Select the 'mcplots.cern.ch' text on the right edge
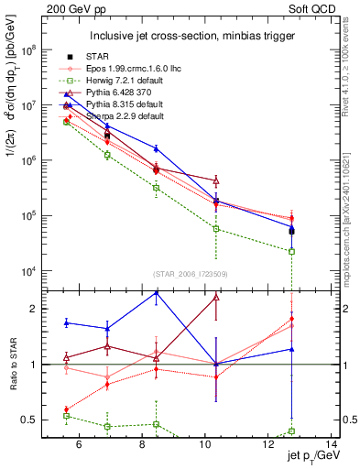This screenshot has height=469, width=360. click(x=349, y=211)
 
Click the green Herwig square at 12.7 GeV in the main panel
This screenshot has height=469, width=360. click(x=291, y=251)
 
